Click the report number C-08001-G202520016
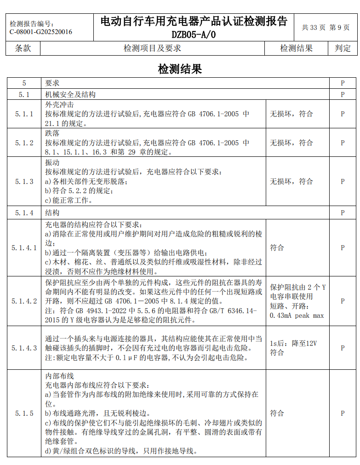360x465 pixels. point(41,32)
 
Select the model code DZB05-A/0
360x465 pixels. point(194,34)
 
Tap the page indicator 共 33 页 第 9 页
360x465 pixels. point(326,28)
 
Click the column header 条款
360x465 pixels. point(23,48)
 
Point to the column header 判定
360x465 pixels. point(343,48)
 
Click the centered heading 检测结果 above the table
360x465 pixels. point(180,69)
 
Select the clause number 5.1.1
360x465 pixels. point(24,114)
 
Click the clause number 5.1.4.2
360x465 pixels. point(24,301)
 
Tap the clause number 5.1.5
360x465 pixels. point(24,413)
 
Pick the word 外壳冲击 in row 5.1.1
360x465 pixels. point(59,104)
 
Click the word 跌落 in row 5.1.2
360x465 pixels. point(52,133)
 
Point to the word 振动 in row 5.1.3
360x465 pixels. point(52,163)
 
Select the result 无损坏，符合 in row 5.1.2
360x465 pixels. point(291,143)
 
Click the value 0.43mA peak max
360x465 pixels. point(297,316)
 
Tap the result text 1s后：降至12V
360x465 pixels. point(293,343)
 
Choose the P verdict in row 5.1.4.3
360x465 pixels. point(343,348)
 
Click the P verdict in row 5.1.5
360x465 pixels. point(343,413)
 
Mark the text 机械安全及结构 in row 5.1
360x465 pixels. point(70,94)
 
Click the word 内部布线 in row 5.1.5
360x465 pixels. point(59,376)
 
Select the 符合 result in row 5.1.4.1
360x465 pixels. point(277,247)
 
